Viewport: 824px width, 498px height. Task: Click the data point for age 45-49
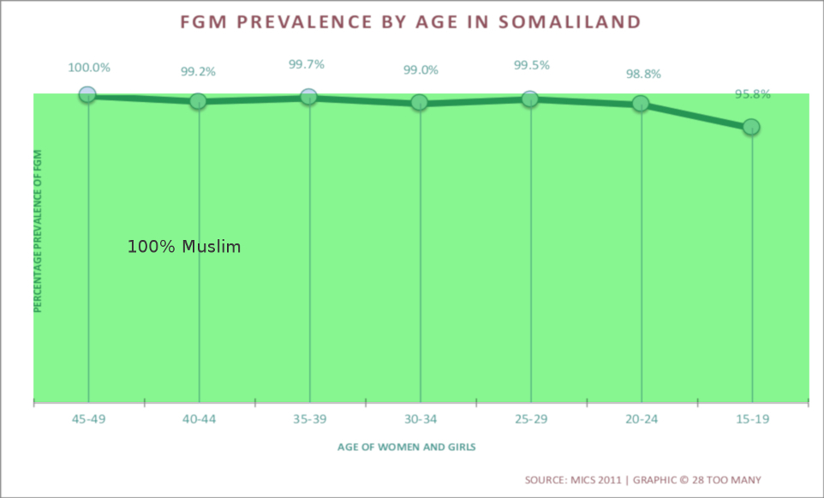[x=87, y=95]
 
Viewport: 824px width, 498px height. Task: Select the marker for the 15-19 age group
[x=751, y=127]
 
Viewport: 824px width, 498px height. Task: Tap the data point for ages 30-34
[x=419, y=102]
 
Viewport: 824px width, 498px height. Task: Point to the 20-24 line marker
[x=641, y=104]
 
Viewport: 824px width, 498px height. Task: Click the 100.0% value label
[x=89, y=68]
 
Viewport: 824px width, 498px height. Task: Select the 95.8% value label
[x=752, y=94]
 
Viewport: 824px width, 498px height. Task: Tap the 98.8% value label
[x=643, y=75]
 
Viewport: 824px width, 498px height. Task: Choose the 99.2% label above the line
[x=198, y=72]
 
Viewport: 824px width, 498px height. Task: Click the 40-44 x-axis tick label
[x=199, y=420]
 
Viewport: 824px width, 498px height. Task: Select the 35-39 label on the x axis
[x=309, y=420]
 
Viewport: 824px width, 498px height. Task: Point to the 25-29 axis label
[x=531, y=420]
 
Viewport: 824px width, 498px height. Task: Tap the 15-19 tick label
[x=752, y=420]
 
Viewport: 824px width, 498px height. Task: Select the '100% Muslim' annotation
[x=184, y=247]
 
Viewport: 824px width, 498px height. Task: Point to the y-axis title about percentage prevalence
[x=38, y=231]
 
